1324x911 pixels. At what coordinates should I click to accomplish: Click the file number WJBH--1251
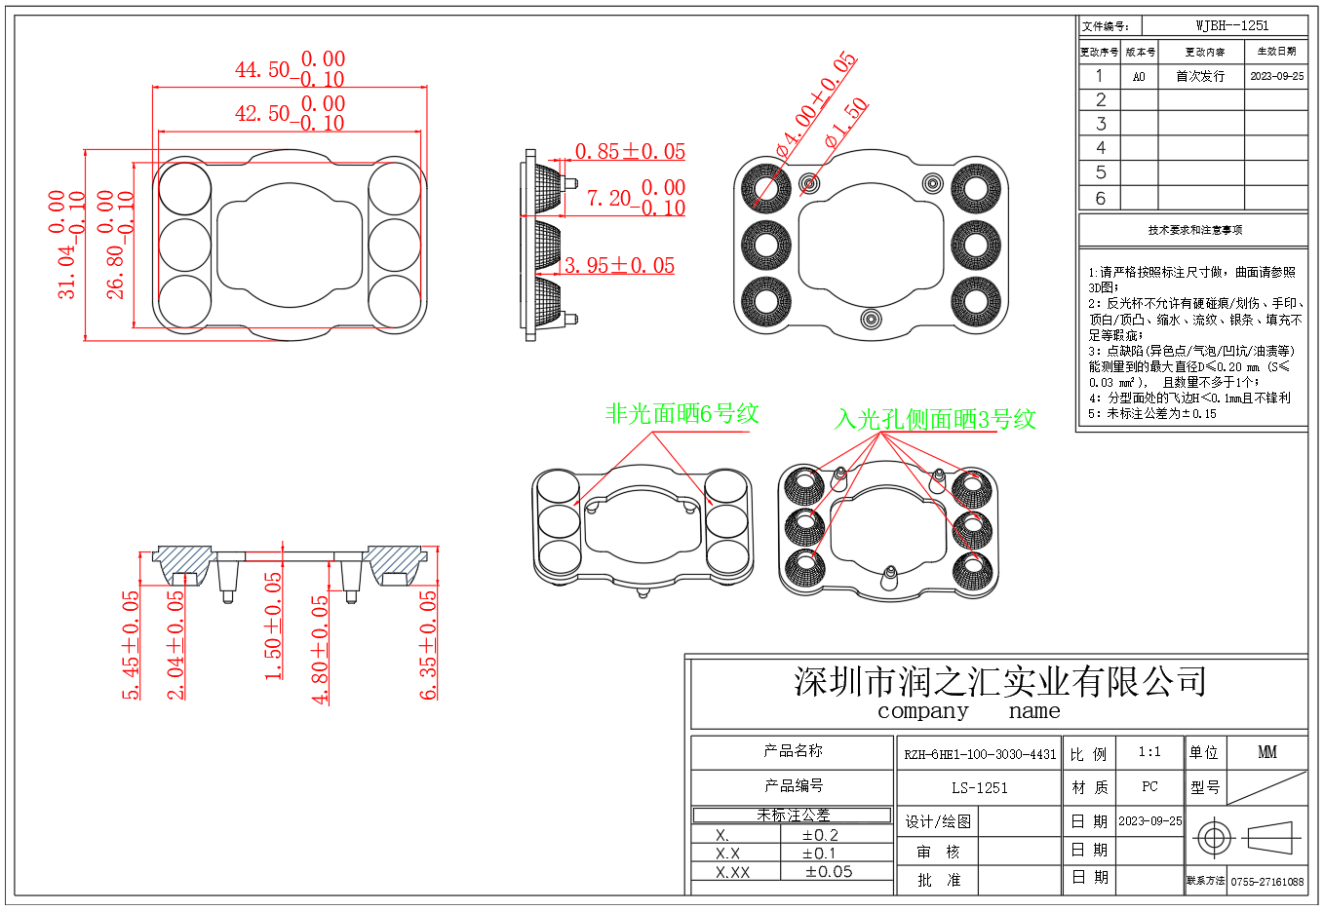tap(1232, 26)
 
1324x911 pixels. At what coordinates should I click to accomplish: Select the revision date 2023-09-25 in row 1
tap(1276, 76)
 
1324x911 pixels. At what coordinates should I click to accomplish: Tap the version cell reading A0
tap(1139, 76)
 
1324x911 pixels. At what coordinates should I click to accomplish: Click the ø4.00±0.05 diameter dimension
tap(815, 105)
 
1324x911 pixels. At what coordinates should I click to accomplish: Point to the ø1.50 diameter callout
tap(845, 124)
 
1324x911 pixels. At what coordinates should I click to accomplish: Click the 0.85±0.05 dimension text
tap(630, 152)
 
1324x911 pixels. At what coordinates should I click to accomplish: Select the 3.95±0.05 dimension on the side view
tap(619, 266)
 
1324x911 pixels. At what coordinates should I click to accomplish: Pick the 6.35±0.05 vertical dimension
tap(428, 645)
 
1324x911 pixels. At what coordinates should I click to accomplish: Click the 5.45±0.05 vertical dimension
tap(131, 645)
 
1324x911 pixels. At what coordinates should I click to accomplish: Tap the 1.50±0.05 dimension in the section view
tap(274, 626)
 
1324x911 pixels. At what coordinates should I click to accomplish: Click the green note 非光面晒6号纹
tap(681, 414)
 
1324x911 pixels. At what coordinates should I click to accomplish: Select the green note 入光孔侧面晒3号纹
tap(934, 420)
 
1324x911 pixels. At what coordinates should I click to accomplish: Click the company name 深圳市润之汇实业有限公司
tap(999, 681)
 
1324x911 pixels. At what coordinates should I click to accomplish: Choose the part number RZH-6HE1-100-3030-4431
tap(980, 754)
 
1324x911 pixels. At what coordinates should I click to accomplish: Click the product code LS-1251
tap(979, 788)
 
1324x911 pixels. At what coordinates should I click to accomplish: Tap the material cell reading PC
tap(1149, 786)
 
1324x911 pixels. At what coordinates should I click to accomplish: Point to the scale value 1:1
tap(1149, 752)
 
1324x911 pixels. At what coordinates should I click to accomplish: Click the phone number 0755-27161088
tap(1266, 882)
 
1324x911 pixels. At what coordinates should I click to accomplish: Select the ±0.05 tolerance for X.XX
tap(828, 872)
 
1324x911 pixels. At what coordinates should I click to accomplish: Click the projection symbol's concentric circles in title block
tap(1213, 838)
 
